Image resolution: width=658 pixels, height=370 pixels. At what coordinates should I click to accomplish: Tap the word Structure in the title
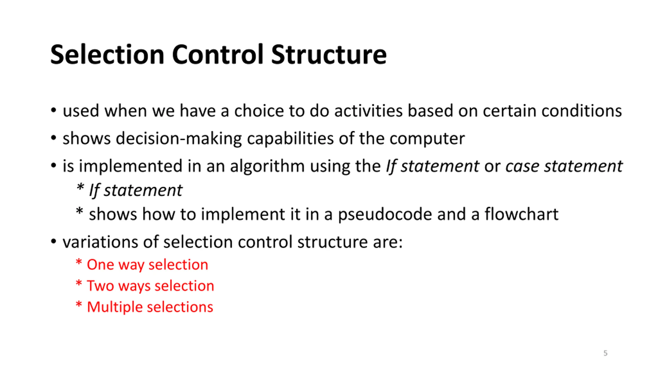[x=329, y=55]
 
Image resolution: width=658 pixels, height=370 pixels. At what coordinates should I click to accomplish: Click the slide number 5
[x=605, y=353]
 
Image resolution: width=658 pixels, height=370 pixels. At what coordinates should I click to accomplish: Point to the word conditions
[x=582, y=111]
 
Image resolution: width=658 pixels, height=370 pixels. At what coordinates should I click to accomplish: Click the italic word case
[x=522, y=166]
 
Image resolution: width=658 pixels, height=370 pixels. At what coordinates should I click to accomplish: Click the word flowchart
[x=522, y=214]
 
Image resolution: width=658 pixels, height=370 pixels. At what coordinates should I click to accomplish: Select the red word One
[x=100, y=265]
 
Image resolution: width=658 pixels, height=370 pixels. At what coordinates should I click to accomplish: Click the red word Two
[x=100, y=286]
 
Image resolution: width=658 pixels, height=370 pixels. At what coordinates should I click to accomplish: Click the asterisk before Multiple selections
[x=79, y=305]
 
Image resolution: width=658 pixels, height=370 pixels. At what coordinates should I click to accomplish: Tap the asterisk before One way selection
[x=79, y=262]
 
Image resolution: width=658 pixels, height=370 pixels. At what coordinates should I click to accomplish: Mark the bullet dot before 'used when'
[x=53, y=111]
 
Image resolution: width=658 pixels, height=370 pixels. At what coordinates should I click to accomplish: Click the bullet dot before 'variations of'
[x=53, y=242]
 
